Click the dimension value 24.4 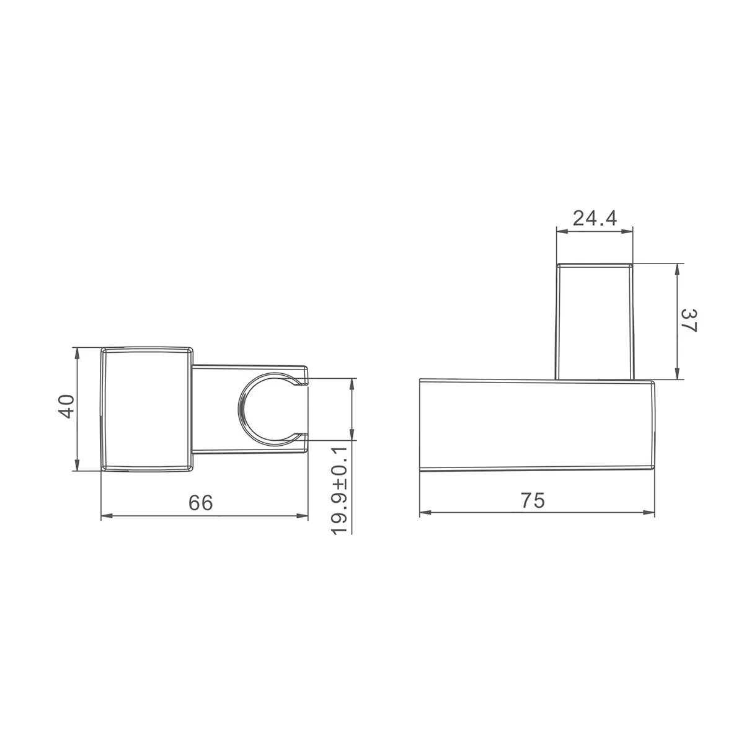[x=595, y=218]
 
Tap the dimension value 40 [x=66, y=406]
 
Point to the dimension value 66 [x=201, y=503]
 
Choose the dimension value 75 [x=533, y=500]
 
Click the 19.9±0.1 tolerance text [x=340, y=490]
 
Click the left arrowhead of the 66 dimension [x=107, y=516]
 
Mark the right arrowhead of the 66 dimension [x=302, y=516]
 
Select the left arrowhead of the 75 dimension [x=425, y=513]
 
